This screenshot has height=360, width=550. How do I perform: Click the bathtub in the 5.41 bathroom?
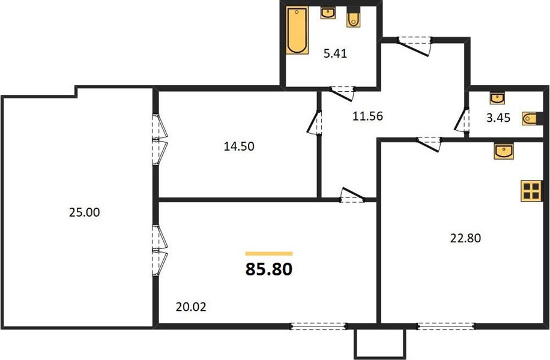[297, 31]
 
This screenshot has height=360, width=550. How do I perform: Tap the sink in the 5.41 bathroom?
[328, 13]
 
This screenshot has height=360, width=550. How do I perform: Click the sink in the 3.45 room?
[497, 98]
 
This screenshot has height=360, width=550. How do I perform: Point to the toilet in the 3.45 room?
[530, 118]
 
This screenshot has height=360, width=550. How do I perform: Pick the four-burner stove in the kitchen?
[531, 191]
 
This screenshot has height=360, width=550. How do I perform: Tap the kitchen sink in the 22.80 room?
[504, 151]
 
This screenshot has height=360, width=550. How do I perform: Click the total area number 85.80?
[268, 269]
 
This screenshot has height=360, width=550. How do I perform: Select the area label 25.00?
[84, 212]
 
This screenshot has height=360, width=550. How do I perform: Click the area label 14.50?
[239, 146]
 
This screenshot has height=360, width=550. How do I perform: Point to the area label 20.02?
[191, 307]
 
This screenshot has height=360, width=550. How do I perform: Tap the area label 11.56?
[367, 116]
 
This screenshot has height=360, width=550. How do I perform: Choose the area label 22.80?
[465, 238]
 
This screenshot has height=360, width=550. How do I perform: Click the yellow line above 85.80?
[268, 253]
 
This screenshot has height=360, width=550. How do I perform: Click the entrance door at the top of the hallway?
[414, 46]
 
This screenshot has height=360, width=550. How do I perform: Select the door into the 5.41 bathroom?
[342, 94]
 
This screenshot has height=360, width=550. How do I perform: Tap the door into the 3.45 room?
[462, 119]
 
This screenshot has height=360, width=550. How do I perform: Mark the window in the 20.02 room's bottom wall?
[319, 326]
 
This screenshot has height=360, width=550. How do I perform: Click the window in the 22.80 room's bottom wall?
[446, 326]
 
